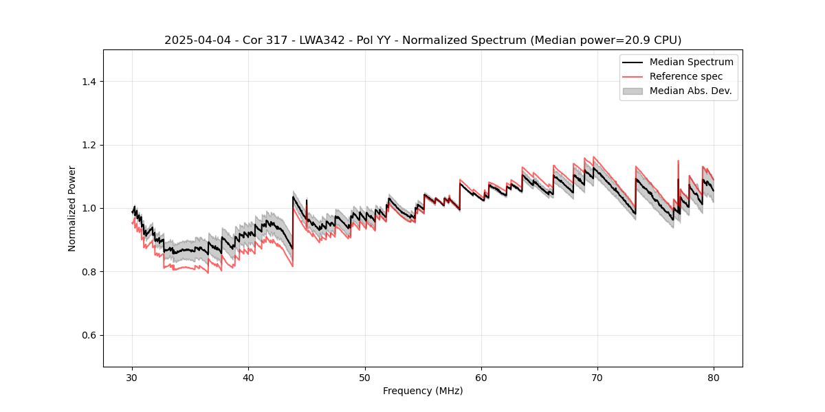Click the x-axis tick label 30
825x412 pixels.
point(132,377)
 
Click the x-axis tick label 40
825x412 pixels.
point(248,377)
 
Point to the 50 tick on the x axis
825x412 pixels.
point(365,377)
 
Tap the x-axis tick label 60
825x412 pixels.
point(481,377)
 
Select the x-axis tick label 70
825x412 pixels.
point(597,377)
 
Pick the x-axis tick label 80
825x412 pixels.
point(714,377)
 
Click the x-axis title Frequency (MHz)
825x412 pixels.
point(423,391)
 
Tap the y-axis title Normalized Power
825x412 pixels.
point(72,208)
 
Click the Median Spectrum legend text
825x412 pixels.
point(691,62)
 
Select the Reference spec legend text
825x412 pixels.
point(685,76)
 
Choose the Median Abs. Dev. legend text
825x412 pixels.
point(690,91)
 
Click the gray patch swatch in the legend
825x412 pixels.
point(632,91)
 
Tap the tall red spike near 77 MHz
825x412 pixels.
point(678,162)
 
